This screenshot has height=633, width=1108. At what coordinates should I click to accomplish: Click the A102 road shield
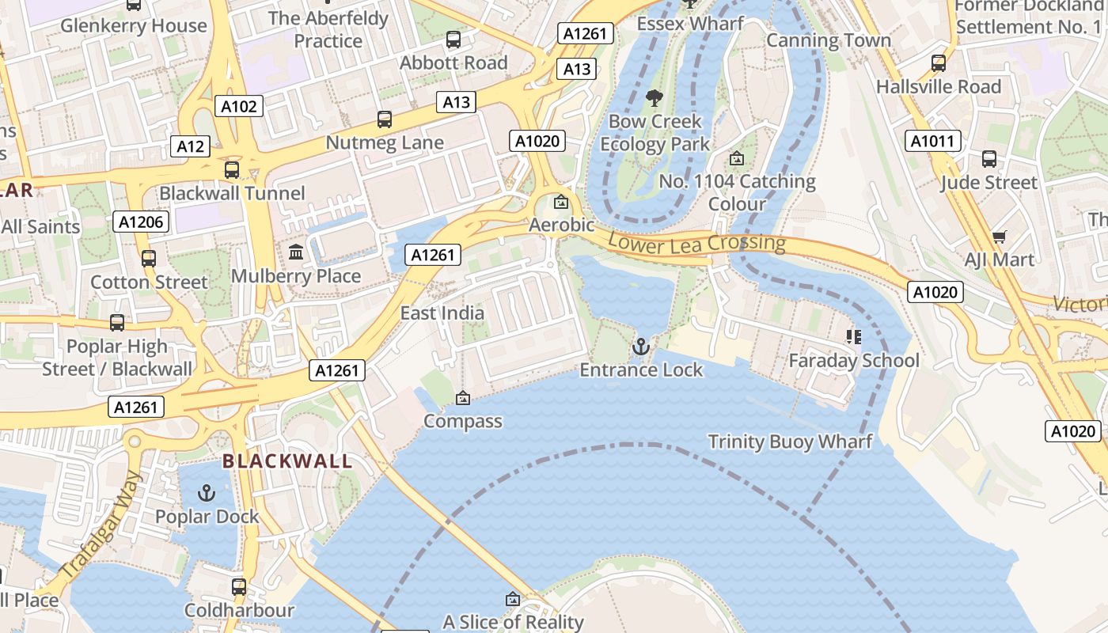point(239,106)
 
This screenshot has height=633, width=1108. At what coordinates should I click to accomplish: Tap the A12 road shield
point(191,146)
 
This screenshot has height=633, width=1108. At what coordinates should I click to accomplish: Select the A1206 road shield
point(142,222)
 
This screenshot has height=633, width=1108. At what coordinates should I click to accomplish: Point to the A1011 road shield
point(933,141)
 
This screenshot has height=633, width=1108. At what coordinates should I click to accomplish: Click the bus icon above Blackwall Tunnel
point(232,170)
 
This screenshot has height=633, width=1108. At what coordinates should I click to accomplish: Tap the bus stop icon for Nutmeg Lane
point(385,119)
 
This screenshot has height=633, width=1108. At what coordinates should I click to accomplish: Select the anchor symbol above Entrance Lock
point(641,347)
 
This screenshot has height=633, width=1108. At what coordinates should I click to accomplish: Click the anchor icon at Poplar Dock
point(207,493)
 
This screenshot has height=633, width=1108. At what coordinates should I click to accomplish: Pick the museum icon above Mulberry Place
point(296,252)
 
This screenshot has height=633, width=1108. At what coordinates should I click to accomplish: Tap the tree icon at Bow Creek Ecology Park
point(655,98)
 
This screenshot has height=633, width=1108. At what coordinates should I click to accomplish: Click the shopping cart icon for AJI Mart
point(999,237)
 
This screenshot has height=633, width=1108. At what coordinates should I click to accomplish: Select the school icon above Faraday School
point(854,337)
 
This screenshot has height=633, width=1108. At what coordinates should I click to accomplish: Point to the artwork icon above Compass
point(463,398)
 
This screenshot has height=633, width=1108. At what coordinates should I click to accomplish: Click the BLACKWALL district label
point(286,461)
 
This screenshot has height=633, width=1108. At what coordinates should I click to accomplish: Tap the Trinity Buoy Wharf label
point(790,442)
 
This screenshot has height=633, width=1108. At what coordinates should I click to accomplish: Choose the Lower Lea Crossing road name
point(696,244)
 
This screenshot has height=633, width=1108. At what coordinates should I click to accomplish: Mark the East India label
point(442,313)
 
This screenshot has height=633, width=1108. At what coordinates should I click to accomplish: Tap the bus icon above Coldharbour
point(239,587)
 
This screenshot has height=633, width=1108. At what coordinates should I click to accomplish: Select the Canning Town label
point(829,40)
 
